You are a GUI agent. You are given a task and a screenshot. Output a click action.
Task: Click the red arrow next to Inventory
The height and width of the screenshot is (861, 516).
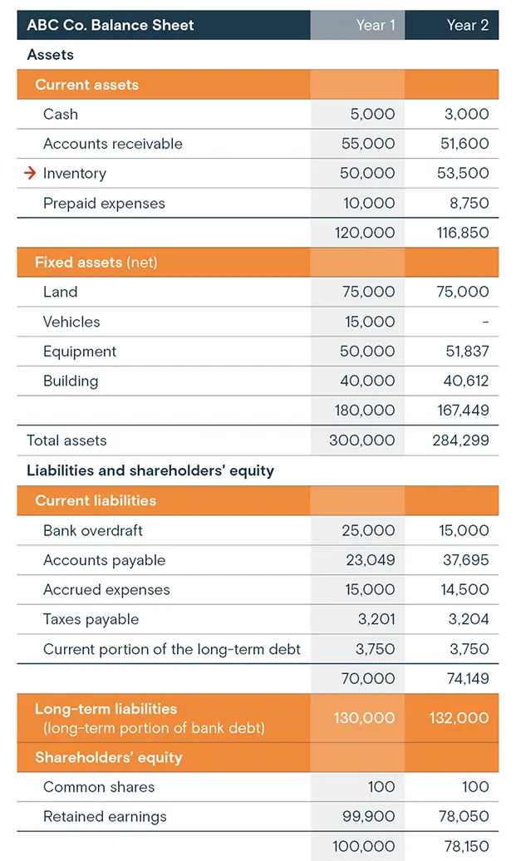[x=30, y=174]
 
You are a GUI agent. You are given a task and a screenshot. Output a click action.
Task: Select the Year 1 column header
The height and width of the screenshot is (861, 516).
[x=371, y=25]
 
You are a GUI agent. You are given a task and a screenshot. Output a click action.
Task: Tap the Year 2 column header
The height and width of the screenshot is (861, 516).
[x=467, y=25]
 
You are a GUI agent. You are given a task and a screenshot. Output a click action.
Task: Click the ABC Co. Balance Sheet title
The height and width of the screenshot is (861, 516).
[x=110, y=25]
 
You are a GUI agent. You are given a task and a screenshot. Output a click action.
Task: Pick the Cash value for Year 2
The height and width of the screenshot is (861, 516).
[x=467, y=114]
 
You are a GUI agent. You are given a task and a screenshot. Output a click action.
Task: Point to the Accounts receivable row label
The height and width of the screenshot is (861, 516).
[x=112, y=144]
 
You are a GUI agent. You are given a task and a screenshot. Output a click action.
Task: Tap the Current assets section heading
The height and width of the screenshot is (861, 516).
[x=86, y=85]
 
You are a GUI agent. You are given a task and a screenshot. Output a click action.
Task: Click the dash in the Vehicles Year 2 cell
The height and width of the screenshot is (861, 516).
[x=485, y=322]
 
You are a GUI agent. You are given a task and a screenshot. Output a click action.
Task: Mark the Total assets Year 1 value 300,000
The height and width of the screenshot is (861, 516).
[x=362, y=440]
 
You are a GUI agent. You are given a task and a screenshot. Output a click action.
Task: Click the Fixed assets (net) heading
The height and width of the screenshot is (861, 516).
[x=96, y=263]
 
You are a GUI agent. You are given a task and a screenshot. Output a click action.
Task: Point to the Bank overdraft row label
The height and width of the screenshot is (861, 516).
[x=93, y=530]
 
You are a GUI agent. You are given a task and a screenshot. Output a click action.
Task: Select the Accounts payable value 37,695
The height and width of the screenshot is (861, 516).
[x=464, y=560]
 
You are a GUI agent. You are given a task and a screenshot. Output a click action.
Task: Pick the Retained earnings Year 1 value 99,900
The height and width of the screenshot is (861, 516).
[x=368, y=816]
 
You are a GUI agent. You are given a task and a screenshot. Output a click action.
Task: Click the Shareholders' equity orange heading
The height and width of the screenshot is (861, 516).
[x=108, y=757]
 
